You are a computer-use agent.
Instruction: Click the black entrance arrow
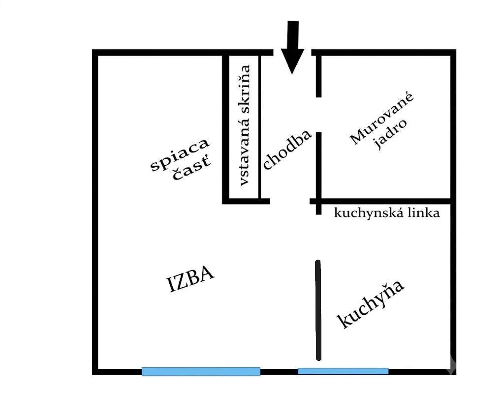point(292,48)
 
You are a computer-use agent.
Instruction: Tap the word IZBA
point(190,279)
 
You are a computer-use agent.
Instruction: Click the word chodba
point(287,150)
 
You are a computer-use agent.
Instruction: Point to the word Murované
point(382,119)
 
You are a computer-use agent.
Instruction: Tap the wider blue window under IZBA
point(201,371)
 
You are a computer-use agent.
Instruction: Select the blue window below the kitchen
point(343,371)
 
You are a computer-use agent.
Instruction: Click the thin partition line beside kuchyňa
point(318,310)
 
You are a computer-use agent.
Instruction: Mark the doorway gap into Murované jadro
point(318,115)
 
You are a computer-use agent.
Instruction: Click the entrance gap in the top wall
point(292,53)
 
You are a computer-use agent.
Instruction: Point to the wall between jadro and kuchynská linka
point(382,201)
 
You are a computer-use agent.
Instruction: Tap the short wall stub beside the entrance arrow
point(318,76)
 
